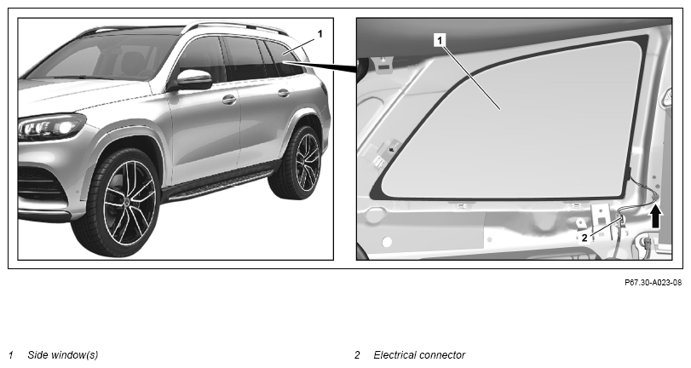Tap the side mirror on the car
pyautogui.click(x=193, y=79)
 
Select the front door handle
pyautogui.click(x=228, y=100)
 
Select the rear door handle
pyautogui.click(x=284, y=93)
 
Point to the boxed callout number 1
pyautogui.click(x=440, y=41)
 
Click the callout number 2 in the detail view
pyautogui.click(x=584, y=239)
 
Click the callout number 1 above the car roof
pyautogui.click(x=320, y=33)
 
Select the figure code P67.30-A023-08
pyautogui.click(x=654, y=283)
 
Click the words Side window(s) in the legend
pyautogui.click(x=63, y=354)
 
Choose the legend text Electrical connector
pyautogui.click(x=419, y=354)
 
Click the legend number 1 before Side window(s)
pyautogui.click(x=11, y=355)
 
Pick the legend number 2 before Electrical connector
pyautogui.click(x=357, y=355)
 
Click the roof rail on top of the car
pyautogui.click(x=233, y=27)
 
